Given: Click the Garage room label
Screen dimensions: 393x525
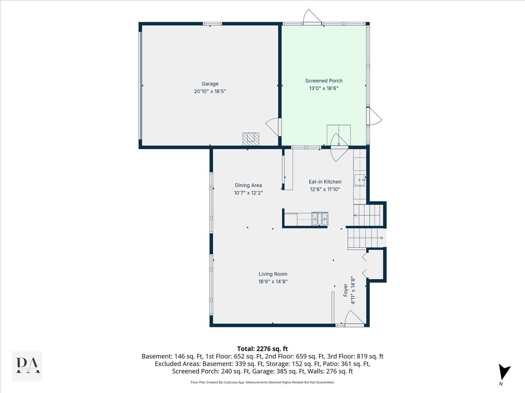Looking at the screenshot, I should (210, 84).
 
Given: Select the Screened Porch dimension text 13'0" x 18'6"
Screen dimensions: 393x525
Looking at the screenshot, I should (323, 88).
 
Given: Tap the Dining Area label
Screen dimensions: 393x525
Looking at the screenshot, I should (248, 185).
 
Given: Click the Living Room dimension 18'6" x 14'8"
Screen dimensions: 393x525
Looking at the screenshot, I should (273, 281).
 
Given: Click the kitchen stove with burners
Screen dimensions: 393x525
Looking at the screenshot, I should (319, 218).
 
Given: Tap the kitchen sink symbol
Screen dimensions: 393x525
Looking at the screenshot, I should (360, 179).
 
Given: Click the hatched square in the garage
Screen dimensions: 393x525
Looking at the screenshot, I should (251, 139).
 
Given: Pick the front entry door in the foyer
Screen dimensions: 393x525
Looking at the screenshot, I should (354, 318).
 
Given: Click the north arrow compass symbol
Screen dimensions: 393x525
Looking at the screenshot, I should (504, 372).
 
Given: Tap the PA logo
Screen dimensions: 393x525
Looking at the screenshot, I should (27, 366).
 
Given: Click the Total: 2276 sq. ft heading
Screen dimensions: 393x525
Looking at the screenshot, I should (262, 348).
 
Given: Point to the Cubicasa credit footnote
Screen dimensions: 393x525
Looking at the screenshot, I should (262, 382).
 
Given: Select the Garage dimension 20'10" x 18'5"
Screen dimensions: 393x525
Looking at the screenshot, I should (210, 91).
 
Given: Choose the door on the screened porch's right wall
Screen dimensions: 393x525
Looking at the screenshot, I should (374, 117).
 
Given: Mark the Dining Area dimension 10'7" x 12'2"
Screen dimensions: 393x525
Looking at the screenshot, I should (248, 193).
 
